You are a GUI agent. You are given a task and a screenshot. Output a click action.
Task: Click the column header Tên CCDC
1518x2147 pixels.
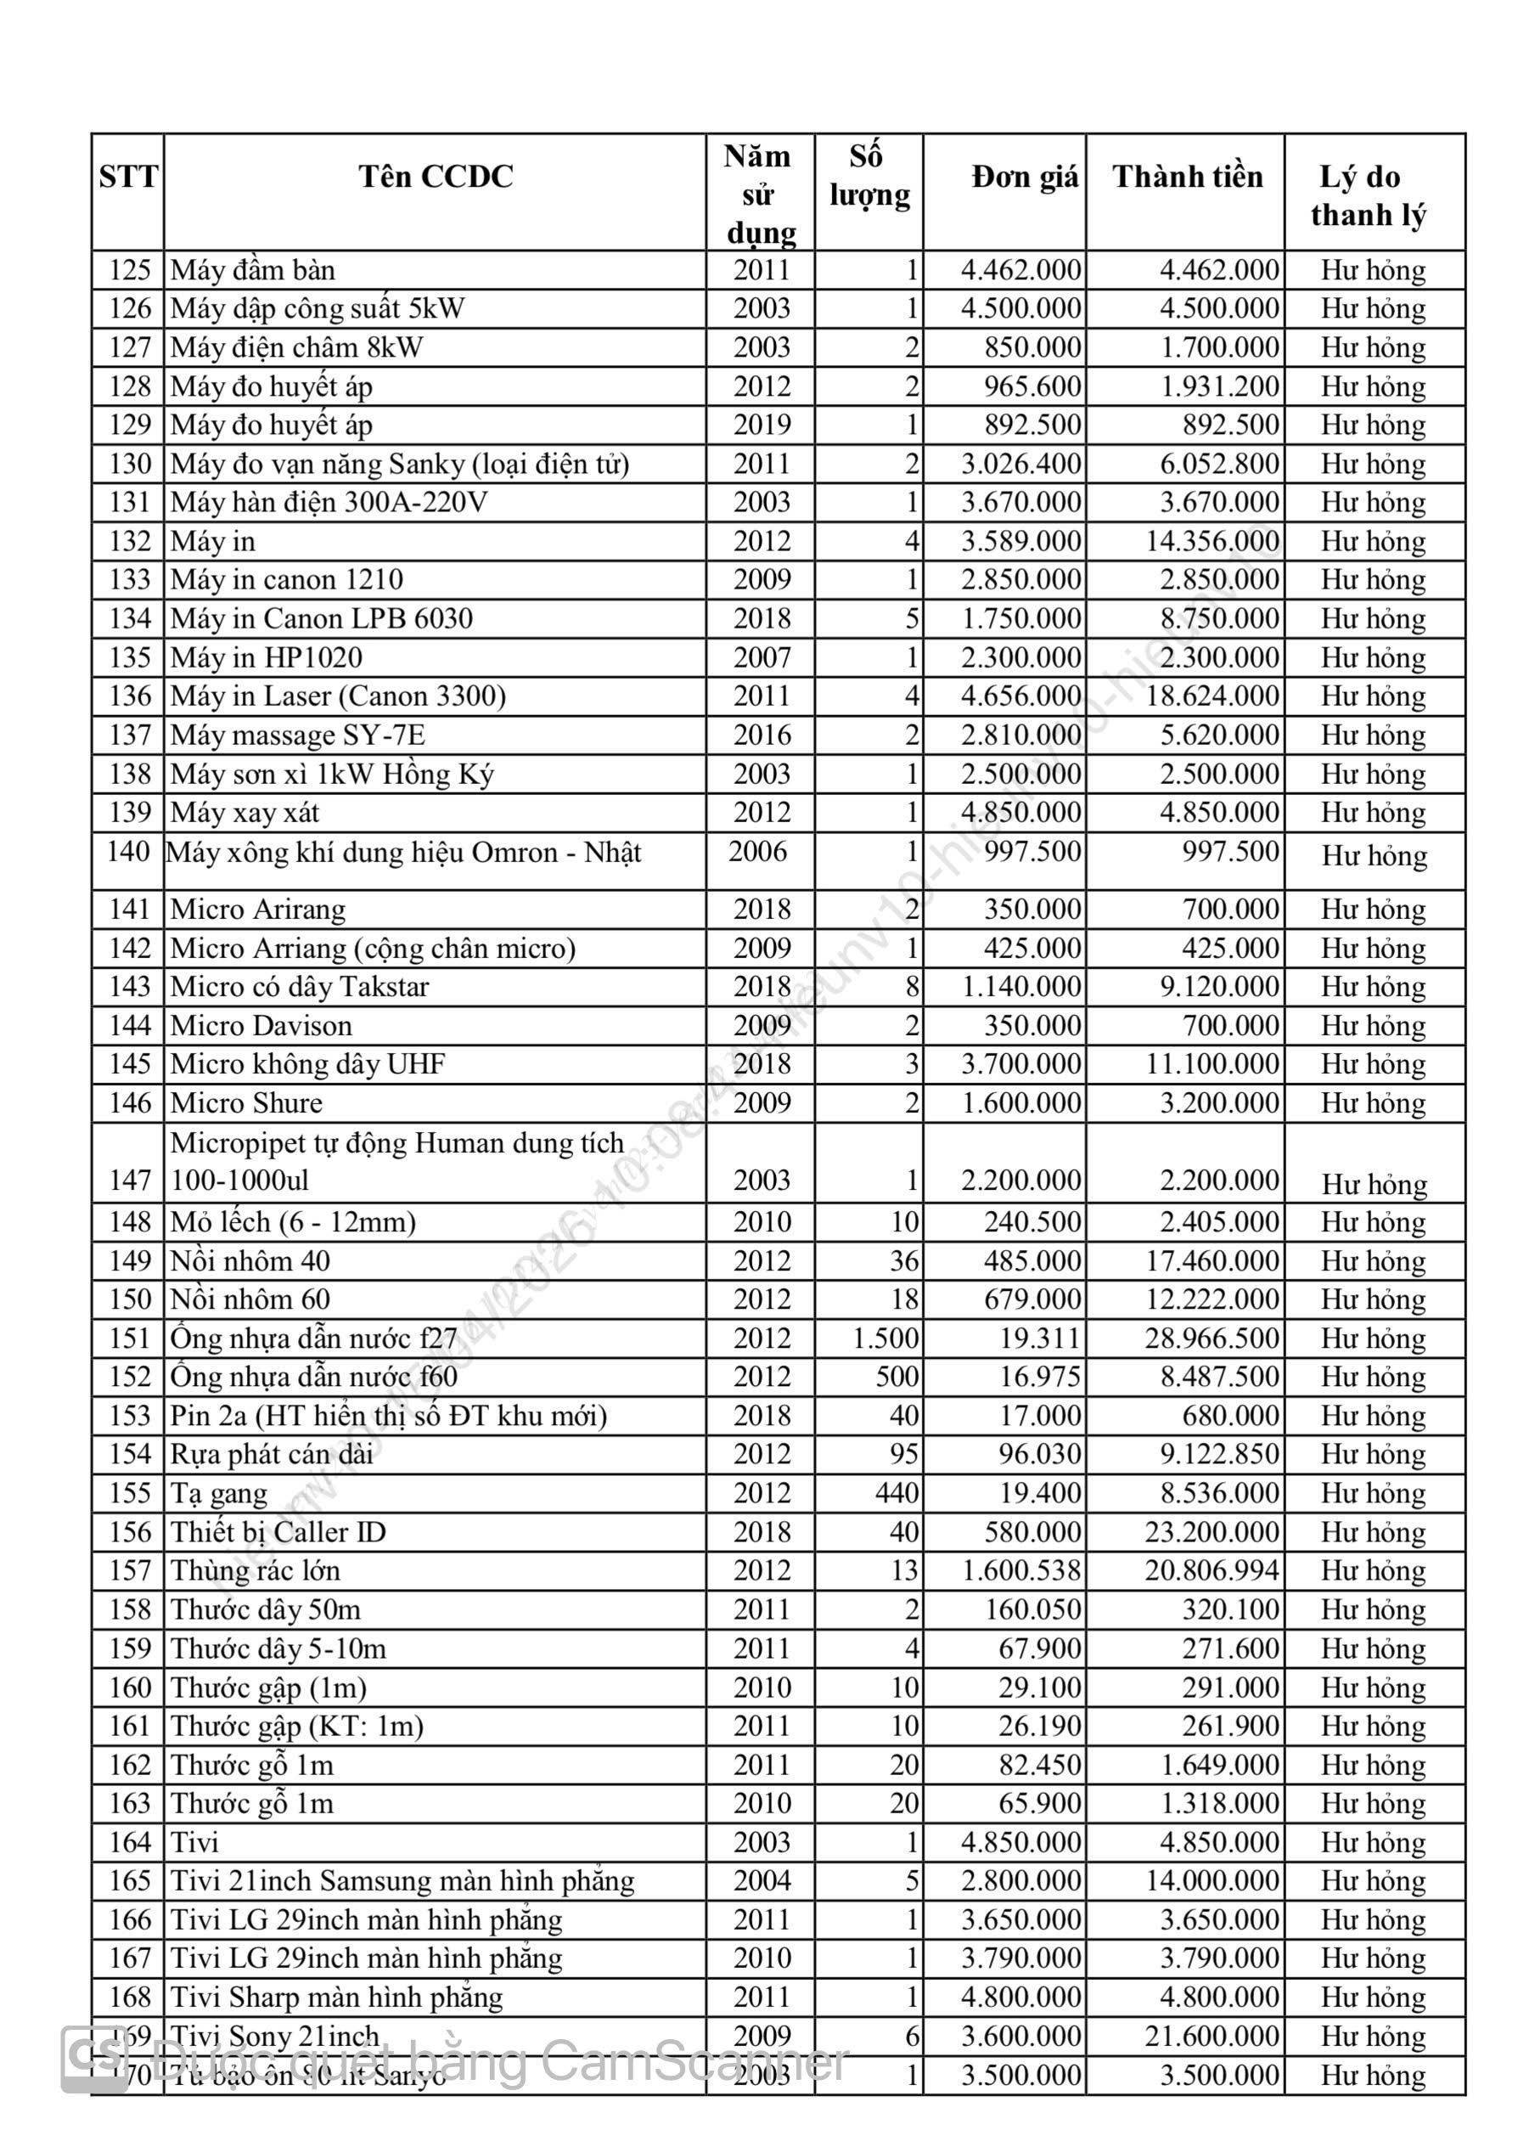(436, 177)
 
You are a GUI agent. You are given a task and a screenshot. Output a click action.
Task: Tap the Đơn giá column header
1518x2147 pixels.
(1025, 177)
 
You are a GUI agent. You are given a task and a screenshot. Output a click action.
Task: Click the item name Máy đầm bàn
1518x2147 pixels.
(252, 270)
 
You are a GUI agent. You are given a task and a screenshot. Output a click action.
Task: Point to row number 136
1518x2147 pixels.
(129, 696)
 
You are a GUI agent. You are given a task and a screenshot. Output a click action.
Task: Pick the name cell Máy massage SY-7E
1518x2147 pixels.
(297, 735)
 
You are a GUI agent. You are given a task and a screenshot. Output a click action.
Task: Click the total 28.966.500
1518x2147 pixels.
(1212, 1338)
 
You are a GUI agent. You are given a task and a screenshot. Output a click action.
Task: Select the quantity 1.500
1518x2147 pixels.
(885, 1338)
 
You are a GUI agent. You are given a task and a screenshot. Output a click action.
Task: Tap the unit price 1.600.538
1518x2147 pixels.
(1021, 1571)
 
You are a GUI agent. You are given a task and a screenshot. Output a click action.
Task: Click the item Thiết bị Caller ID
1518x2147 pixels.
(278, 1532)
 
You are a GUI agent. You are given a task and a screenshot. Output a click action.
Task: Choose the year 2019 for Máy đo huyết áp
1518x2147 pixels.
(761, 425)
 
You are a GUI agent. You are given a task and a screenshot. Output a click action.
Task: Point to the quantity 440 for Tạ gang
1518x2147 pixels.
(897, 1493)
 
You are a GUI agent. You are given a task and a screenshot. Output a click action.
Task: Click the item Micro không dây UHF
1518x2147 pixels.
(307, 1063)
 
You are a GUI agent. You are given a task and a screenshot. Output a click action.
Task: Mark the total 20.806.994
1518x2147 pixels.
(1212, 1571)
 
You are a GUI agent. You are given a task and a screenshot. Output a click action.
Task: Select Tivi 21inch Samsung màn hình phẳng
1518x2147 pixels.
(402, 1880)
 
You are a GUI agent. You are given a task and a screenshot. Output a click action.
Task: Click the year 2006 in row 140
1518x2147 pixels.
(757, 851)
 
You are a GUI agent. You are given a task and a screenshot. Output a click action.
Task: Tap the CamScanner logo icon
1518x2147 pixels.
(94, 2060)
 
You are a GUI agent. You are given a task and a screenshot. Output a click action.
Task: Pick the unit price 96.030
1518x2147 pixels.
(1038, 1454)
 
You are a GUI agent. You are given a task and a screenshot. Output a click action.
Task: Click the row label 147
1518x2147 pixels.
(129, 1181)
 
